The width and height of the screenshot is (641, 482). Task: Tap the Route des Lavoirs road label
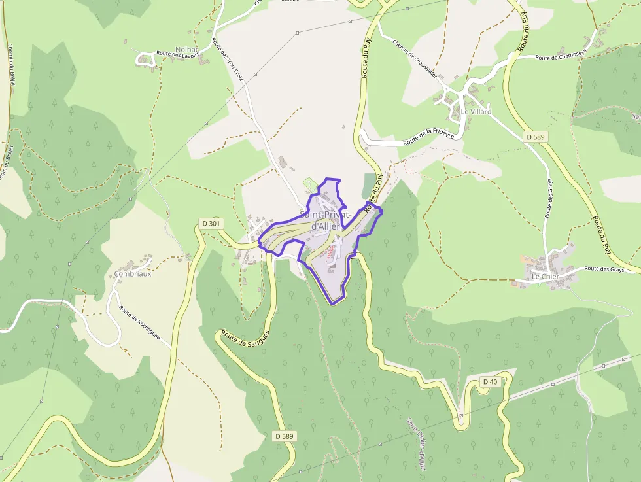[177, 54]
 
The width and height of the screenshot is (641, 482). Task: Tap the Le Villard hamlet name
[476, 112]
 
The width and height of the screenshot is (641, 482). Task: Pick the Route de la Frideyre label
[428, 137]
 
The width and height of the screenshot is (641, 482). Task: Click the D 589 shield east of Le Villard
[536, 137]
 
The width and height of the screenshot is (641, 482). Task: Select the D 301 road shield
[212, 223]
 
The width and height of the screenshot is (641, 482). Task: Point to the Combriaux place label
[133, 274]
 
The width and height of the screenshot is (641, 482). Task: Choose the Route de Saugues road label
[245, 343]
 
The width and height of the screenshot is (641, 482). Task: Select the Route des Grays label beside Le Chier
[604, 269]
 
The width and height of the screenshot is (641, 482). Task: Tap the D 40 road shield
[489, 381]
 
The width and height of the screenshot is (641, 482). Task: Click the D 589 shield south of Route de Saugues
[284, 436]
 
